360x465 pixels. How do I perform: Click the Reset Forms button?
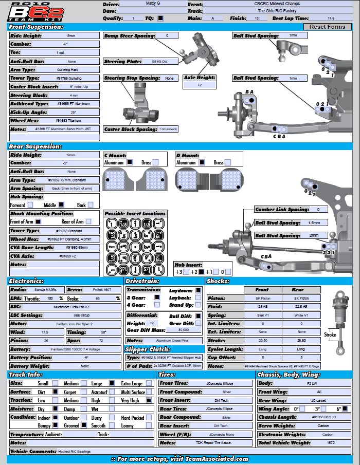point(328,27)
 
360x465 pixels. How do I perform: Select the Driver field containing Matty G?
point(153,4)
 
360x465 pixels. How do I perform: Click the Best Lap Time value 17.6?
point(331,18)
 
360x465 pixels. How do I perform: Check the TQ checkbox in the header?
point(161,18)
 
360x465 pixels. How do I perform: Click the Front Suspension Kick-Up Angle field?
point(74,113)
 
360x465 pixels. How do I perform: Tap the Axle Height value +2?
point(199,85)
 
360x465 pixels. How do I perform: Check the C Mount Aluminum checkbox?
point(130,162)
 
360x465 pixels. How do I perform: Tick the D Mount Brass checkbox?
point(228,162)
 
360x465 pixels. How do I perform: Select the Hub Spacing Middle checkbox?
point(61,205)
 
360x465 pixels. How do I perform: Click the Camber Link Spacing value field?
point(318,210)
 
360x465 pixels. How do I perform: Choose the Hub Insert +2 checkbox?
point(201,272)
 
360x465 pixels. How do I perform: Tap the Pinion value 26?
point(46,341)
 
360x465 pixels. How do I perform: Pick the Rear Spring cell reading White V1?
point(301,315)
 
